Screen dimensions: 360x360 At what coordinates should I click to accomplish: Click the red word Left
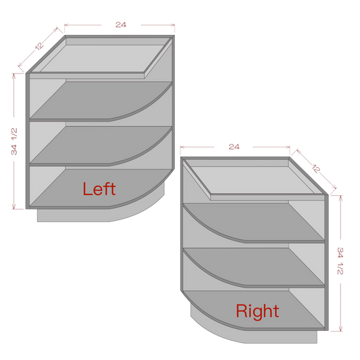(99, 188)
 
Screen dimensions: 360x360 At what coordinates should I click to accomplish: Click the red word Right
(257, 311)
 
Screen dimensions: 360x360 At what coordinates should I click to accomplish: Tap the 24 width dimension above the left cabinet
(121, 24)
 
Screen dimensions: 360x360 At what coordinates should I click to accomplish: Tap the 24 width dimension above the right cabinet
(234, 147)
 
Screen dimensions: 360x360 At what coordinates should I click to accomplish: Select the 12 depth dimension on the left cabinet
(39, 46)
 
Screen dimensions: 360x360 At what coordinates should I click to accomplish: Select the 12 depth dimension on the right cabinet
(316, 169)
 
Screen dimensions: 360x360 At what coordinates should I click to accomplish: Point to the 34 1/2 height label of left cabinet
(14, 141)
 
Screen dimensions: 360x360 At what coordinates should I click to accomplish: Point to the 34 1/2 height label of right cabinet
(340, 261)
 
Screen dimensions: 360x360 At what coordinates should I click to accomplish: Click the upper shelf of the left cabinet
(101, 101)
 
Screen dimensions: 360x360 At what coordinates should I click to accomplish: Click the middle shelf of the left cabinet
(101, 146)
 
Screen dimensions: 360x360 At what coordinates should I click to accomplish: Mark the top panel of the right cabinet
(255, 179)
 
